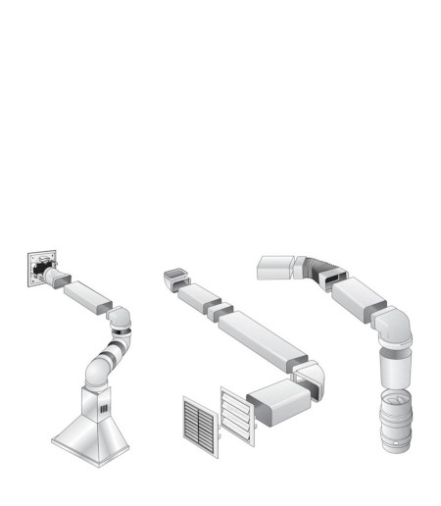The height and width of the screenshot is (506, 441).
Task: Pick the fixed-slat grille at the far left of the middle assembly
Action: (200, 423)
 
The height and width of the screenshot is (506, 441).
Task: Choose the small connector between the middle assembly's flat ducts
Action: (222, 311)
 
